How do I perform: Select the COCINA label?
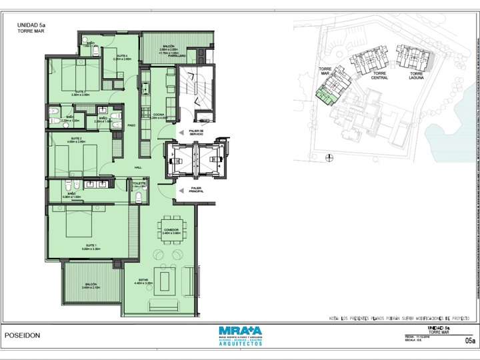pos(157,115)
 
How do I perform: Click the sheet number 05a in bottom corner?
pos(469,341)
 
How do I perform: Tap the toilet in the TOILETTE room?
pos(138,197)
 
